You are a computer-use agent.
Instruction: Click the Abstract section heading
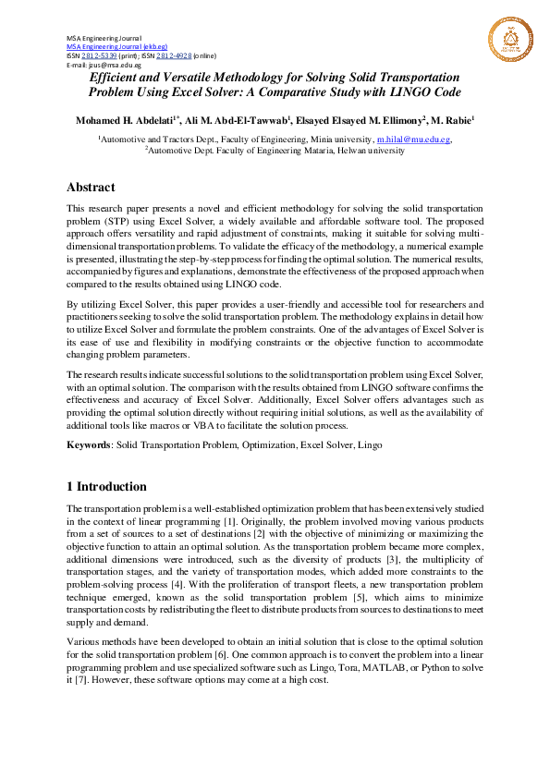click(91, 187)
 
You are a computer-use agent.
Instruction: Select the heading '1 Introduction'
click(106, 486)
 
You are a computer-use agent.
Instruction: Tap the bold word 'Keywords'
click(88, 444)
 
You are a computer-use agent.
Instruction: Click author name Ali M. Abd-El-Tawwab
click(237, 120)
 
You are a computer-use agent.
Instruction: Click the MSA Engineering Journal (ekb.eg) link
click(116, 45)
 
